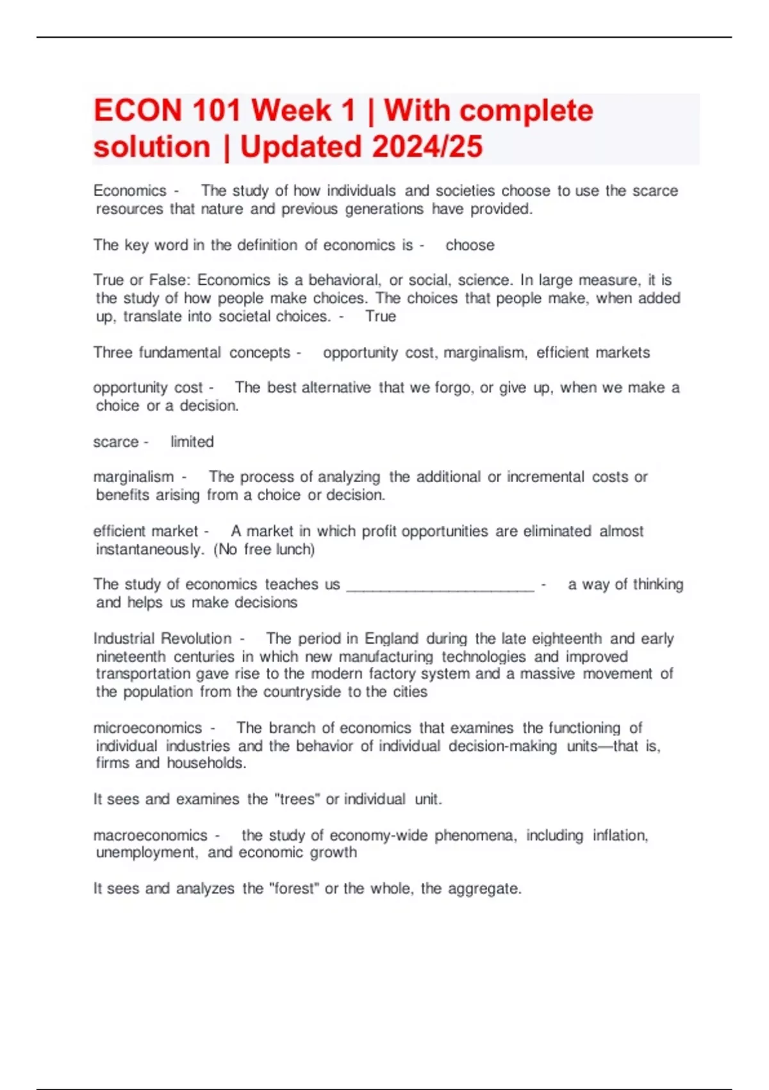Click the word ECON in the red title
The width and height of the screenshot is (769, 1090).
click(138, 111)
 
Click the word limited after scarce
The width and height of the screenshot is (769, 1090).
click(192, 442)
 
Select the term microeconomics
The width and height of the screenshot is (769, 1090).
click(147, 728)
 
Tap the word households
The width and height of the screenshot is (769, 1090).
click(206, 763)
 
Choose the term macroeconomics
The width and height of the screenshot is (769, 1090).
click(150, 835)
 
